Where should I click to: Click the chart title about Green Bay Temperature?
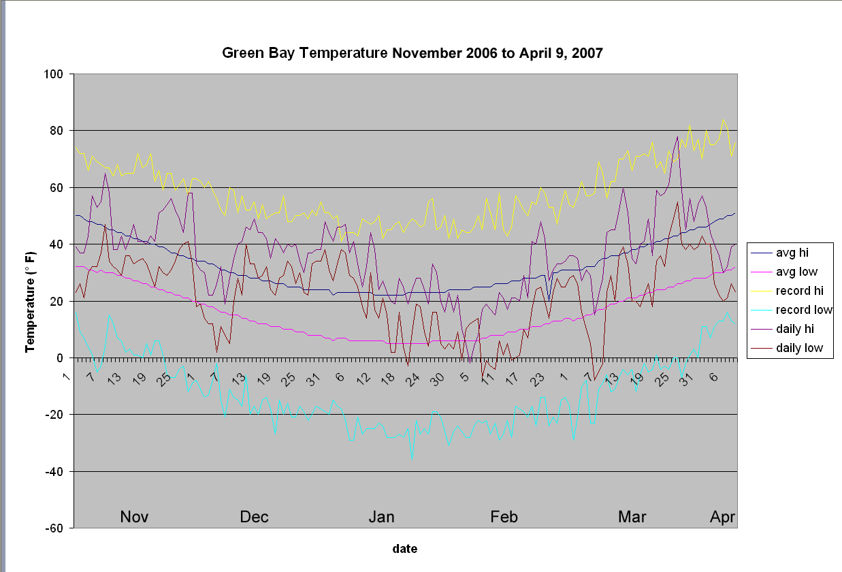(412, 52)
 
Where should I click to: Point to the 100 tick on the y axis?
(54, 74)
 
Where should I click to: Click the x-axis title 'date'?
(404, 548)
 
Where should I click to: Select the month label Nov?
(134, 517)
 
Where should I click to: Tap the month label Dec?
(254, 517)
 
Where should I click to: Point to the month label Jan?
(381, 517)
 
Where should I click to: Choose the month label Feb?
(504, 517)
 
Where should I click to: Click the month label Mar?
(632, 517)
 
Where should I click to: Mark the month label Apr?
(722, 517)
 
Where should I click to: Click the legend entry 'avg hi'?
(793, 253)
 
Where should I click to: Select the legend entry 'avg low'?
(795, 272)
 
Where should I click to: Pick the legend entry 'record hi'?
(798, 291)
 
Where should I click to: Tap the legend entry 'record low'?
(800, 310)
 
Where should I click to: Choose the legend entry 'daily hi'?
(795, 329)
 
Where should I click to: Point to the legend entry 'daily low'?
(797, 348)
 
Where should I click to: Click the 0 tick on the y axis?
(60, 357)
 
